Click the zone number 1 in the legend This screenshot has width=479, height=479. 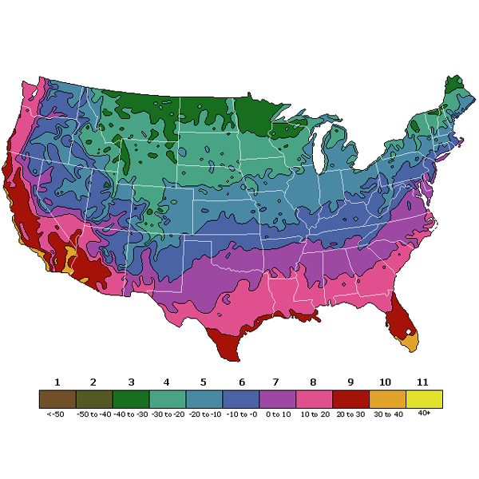click(57, 382)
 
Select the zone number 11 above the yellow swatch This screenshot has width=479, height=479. click(424, 382)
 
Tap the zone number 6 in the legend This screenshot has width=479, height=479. click(240, 382)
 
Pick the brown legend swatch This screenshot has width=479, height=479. click(57, 398)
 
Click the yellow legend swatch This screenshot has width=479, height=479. click(424, 398)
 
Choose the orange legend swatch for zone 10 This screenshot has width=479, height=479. click(387, 398)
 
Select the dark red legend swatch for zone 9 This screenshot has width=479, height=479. click(350, 398)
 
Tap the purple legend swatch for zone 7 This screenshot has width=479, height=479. click(277, 398)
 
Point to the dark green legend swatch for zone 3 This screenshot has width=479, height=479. click(130, 398)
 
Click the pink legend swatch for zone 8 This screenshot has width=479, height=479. click(314, 398)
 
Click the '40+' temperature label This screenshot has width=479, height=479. click(424, 413)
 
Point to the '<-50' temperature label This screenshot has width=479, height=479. click(57, 414)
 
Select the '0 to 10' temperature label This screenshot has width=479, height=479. click(277, 414)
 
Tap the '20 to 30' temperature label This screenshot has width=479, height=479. click(350, 414)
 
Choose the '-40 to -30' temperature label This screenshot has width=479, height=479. click(130, 414)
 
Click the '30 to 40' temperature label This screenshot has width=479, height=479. click(387, 414)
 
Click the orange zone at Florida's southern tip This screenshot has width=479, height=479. click(410, 342)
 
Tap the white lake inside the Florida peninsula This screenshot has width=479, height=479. click(407, 330)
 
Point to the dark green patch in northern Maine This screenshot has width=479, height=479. click(453, 85)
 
